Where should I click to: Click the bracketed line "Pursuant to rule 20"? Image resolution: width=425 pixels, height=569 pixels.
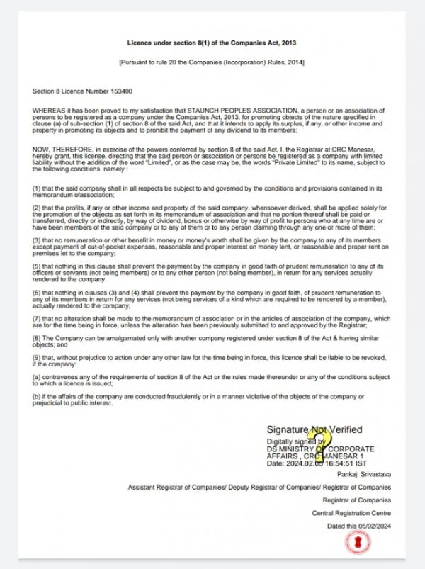pos(212,63)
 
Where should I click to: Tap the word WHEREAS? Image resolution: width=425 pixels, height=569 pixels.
pos(48,111)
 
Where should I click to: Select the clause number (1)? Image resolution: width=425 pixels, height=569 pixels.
pos(37,186)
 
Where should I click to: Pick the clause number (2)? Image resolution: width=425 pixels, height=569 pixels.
pos(37,206)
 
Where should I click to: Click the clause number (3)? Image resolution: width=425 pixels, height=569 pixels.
pos(37,241)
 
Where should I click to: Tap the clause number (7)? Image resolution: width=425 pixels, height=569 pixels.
pos(37,319)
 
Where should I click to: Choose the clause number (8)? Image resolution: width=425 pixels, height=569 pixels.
pos(37,339)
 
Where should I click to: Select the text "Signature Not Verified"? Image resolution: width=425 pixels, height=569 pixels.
pos(314,429)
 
